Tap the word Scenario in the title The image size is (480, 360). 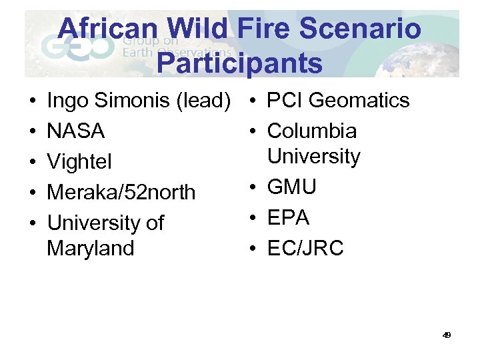(x=362, y=29)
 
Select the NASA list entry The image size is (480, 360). (x=76, y=131)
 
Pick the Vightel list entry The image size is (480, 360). (x=79, y=162)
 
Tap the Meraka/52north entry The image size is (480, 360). (x=121, y=192)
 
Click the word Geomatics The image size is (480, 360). (x=359, y=101)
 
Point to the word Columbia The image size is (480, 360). (x=312, y=131)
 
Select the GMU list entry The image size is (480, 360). (x=291, y=187)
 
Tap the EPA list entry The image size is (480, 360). (x=288, y=217)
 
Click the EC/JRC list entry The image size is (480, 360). (x=305, y=248)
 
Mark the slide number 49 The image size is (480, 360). (x=447, y=335)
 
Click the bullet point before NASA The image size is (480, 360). (x=33, y=132)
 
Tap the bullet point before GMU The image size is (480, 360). (x=253, y=187)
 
